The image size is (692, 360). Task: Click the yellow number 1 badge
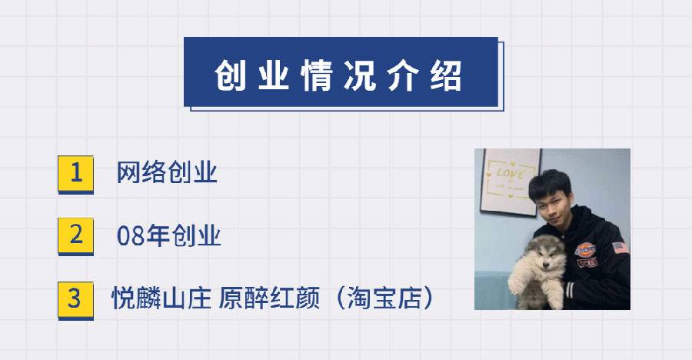click(x=75, y=174)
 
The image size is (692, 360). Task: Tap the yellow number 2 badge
click(x=75, y=236)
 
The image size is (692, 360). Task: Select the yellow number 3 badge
click(x=75, y=300)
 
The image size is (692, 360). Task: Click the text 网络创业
click(x=167, y=172)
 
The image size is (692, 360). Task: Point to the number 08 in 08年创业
click(x=131, y=236)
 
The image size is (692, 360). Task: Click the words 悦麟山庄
click(x=161, y=298)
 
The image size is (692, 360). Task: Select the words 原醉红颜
click(x=269, y=298)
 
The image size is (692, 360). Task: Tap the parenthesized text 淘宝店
click(x=384, y=298)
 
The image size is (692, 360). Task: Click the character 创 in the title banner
click(x=231, y=75)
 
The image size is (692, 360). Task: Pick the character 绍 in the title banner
click(x=446, y=75)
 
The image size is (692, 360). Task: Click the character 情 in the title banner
click(x=317, y=75)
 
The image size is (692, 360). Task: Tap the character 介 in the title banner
click(x=403, y=75)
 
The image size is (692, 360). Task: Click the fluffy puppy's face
click(x=544, y=255)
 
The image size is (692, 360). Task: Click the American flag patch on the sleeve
click(x=620, y=248)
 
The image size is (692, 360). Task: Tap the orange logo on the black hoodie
click(x=585, y=249)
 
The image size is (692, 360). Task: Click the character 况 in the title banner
click(x=360, y=75)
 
